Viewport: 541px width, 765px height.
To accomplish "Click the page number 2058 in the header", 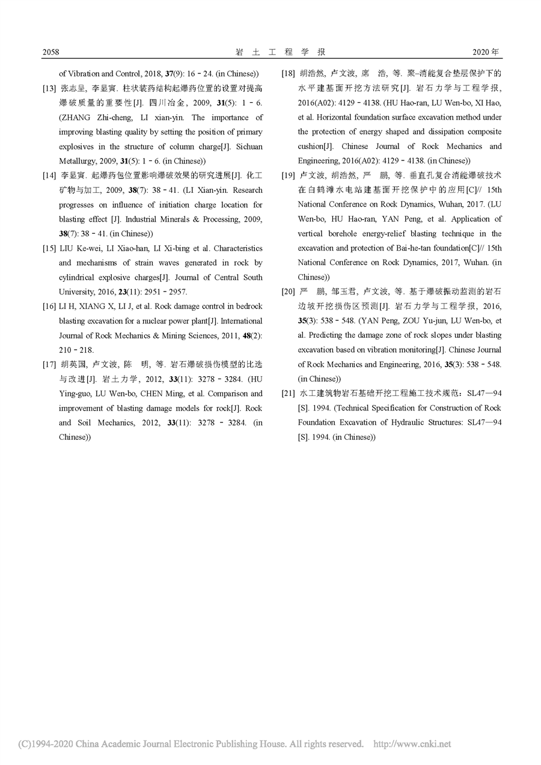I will click(50, 52).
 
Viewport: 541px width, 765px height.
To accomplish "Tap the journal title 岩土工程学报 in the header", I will click(270, 52).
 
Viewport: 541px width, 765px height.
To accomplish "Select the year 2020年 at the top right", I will click(486, 52).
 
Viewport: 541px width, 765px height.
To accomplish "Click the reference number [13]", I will click(49, 89).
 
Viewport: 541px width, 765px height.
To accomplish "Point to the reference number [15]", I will click(49, 248).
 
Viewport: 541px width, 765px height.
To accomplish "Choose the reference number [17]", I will click(49, 364).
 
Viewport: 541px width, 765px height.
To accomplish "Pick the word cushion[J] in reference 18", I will click(315, 147).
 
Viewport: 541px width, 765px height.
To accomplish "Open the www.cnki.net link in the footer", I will click(421, 744).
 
